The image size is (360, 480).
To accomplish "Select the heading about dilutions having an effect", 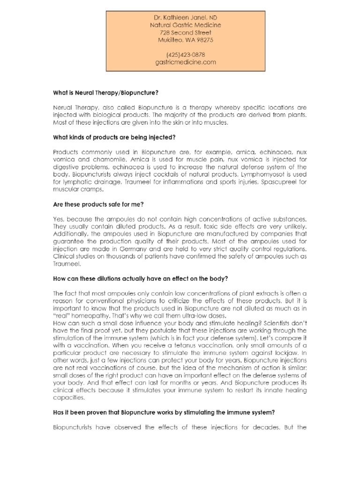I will pyautogui.click(x=141, y=278).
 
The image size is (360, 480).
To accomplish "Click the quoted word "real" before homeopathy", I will pyautogui.click(x=61, y=315).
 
